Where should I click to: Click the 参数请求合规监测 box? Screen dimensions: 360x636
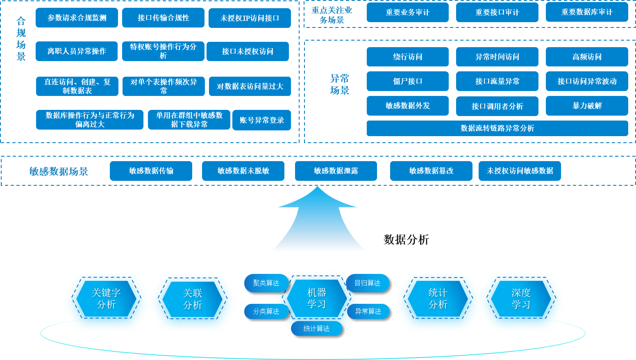(x=77, y=18)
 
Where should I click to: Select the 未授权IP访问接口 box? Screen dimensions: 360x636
(x=250, y=18)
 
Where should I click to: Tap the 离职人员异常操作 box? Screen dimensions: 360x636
(x=77, y=51)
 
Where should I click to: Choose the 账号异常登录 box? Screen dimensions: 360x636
(x=261, y=120)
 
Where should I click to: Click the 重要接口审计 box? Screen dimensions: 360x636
(x=497, y=12)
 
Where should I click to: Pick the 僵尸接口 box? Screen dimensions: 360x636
(x=407, y=81)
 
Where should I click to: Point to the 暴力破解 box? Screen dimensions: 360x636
(x=587, y=106)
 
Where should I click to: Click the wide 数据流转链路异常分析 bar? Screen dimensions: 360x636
(x=497, y=128)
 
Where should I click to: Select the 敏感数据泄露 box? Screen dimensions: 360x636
(x=336, y=171)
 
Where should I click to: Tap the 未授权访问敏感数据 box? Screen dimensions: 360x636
(x=520, y=171)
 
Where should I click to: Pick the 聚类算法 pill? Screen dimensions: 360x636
(x=266, y=283)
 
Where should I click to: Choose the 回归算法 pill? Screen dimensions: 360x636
(x=367, y=283)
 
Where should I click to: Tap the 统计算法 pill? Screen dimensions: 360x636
(x=316, y=328)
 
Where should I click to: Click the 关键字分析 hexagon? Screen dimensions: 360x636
(x=106, y=298)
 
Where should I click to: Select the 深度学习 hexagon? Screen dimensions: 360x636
(x=521, y=298)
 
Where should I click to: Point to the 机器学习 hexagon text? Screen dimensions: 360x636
(x=317, y=298)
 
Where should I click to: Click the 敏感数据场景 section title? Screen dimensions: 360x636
(x=59, y=171)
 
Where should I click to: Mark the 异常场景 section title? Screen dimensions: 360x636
(x=340, y=84)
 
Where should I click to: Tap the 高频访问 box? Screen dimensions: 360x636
(x=587, y=57)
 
